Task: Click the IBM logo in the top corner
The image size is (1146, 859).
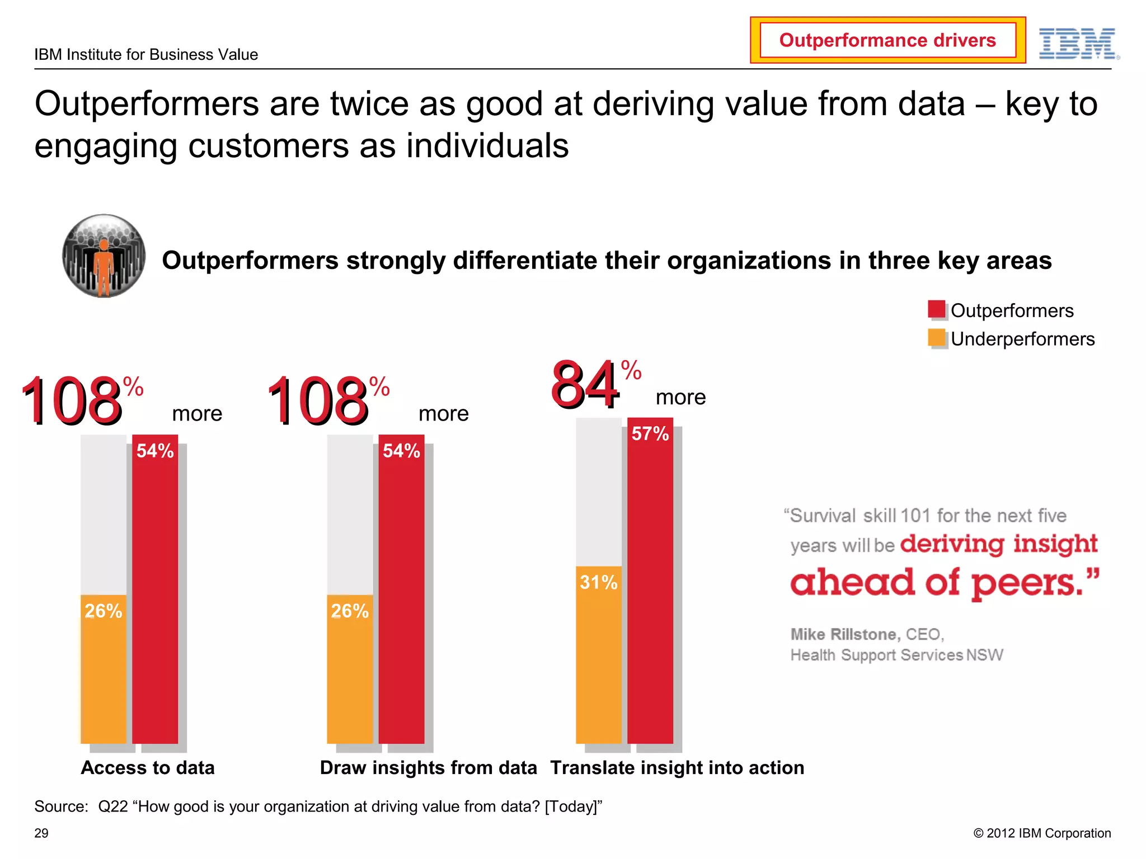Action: [x=1078, y=44]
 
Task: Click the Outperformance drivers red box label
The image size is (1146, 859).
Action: [x=887, y=40]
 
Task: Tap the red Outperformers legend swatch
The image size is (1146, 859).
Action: [x=936, y=309]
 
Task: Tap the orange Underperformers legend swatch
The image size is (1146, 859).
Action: [x=936, y=338]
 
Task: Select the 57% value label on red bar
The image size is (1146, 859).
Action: [x=650, y=434]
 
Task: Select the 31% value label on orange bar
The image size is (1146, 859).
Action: [x=598, y=583]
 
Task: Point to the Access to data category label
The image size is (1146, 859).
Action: [x=148, y=768]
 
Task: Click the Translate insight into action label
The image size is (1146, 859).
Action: [x=677, y=768]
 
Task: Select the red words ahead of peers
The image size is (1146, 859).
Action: [x=945, y=583]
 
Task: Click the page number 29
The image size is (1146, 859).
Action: [x=41, y=833]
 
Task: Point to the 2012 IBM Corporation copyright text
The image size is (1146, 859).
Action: [x=1042, y=833]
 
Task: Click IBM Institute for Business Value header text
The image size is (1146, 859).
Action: [x=146, y=55]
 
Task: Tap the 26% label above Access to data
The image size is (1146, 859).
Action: [x=104, y=611]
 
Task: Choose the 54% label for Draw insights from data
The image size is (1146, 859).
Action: [x=401, y=451]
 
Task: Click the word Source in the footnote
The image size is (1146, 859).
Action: [x=61, y=806]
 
